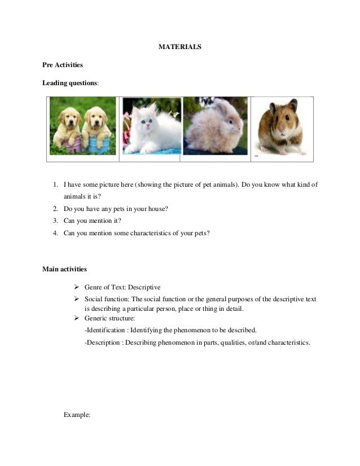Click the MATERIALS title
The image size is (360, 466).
(179, 47)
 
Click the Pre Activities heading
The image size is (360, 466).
(63, 65)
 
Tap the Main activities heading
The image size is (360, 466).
(64, 269)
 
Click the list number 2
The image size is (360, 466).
(55, 209)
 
